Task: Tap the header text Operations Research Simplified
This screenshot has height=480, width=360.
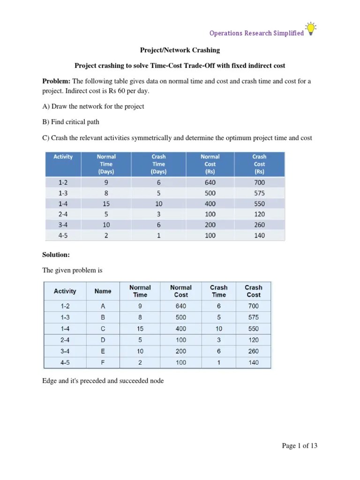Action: pos(256,33)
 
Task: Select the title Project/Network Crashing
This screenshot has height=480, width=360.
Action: pos(180,50)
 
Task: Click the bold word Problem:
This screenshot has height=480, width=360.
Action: pos(56,81)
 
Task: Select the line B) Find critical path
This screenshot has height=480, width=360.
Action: pos(71,122)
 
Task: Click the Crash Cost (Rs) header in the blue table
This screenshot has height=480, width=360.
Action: pos(259,164)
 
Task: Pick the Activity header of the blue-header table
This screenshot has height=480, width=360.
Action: pos(63,157)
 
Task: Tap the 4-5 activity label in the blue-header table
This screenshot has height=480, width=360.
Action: pos(63,235)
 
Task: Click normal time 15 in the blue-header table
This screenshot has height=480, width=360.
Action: pos(106,204)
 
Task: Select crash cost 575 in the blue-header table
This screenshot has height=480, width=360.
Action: pos(259,193)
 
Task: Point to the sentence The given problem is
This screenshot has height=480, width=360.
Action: pos(72,270)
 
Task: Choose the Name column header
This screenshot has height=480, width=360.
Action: pos(103,291)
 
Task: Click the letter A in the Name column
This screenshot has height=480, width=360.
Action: pos(103,306)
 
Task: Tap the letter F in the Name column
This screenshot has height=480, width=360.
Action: pos(103,362)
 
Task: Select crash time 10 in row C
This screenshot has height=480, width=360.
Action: pos(218,329)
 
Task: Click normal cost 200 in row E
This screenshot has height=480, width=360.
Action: pos(180,351)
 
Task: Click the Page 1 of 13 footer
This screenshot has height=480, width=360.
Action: pos(300,446)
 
